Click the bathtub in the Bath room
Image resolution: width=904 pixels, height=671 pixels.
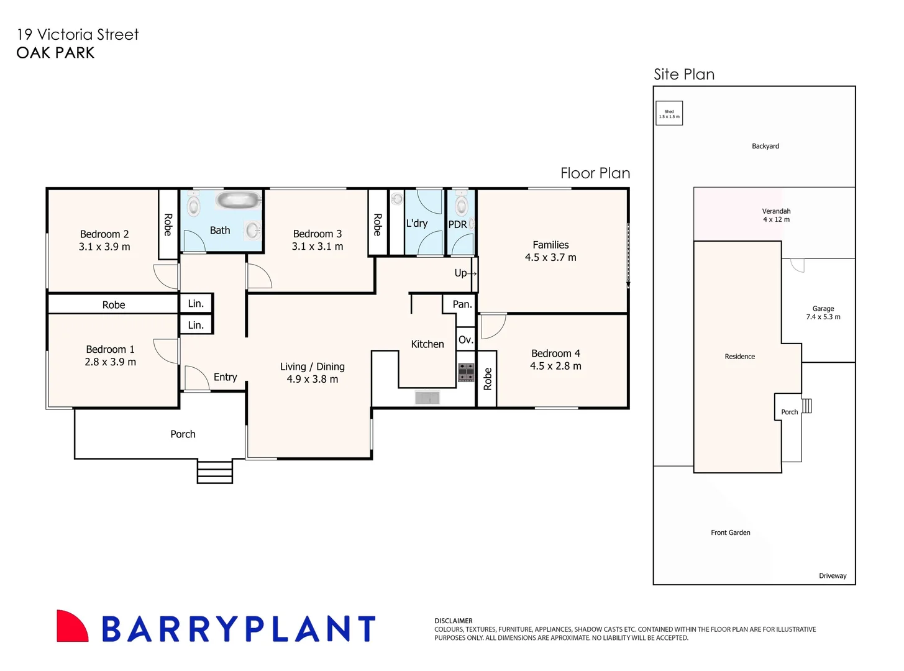point(237,200)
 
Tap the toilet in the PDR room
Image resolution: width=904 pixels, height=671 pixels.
point(461,204)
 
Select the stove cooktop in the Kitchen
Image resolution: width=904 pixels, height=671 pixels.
point(466,372)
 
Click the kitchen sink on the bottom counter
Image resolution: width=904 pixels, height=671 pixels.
point(427,398)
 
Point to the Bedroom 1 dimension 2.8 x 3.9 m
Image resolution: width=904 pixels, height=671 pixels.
point(110,362)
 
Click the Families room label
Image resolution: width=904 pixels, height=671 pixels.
point(550,245)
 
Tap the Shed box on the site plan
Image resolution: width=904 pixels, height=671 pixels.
point(669,113)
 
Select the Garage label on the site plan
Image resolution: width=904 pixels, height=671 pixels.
point(823,309)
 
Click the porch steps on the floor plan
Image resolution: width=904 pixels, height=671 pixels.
point(215,472)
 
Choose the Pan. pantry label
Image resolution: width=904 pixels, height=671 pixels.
point(462,304)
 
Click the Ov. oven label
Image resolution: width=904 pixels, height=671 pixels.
point(465,340)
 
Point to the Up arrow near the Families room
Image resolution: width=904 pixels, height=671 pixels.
point(465,273)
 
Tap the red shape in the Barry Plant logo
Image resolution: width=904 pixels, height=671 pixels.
point(71,627)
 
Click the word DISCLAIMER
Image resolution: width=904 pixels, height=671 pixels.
point(454,621)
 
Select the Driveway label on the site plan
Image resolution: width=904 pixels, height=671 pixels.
point(833,576)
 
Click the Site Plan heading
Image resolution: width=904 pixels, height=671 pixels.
point(684,75)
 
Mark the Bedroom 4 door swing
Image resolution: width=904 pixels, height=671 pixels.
point(493,326)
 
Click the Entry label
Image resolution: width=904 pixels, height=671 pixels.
point(225,377)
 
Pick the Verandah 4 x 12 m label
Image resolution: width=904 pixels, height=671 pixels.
point(776,215)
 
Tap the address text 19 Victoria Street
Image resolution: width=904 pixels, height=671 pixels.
point(78,35)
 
